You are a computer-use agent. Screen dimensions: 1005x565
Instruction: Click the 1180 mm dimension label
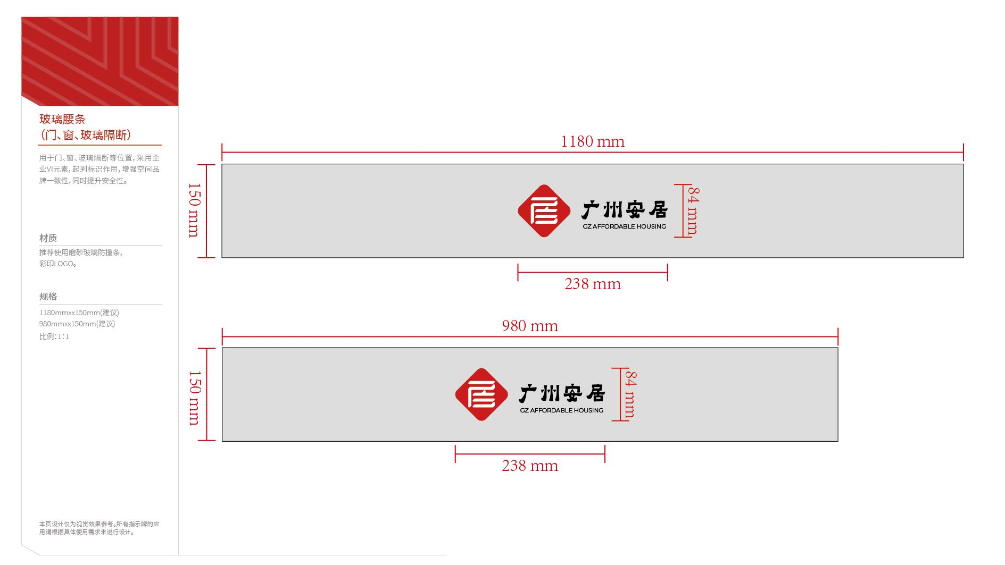[593, 141]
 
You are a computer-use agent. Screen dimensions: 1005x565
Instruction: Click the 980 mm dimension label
[530, 326]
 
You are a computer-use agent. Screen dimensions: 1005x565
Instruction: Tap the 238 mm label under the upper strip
[593, 284]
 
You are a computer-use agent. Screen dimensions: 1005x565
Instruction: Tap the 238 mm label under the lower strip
[530, 466]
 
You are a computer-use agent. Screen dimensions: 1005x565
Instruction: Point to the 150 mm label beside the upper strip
[195, 210]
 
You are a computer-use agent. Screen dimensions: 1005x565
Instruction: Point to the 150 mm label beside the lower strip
[195, 398]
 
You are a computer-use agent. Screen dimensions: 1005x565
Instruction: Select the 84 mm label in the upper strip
[693, 210]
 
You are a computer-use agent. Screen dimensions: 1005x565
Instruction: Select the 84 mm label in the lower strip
[630, 394]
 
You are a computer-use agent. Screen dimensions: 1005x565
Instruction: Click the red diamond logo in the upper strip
[544, 211]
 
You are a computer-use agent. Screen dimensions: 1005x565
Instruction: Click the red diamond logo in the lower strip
[481, 394]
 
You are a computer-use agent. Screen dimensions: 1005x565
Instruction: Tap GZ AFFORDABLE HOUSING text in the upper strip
[624, 226]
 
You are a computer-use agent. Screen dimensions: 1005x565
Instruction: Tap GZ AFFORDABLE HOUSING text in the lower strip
[562, 410]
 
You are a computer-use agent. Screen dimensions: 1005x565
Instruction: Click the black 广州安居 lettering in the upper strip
[624, 210]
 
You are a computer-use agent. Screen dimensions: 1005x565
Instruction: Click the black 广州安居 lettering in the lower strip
[562, 394]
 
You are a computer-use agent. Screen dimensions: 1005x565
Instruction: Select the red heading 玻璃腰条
[62, 119]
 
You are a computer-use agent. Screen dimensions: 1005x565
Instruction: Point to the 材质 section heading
[48, 238]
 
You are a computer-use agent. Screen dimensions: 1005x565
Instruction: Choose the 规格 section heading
[48, 297]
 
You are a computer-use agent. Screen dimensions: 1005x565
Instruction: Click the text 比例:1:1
[54, 336]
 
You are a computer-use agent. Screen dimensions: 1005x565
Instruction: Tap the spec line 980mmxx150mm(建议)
[77, 324]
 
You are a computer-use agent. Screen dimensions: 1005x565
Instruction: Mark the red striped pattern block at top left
[100, 61]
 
